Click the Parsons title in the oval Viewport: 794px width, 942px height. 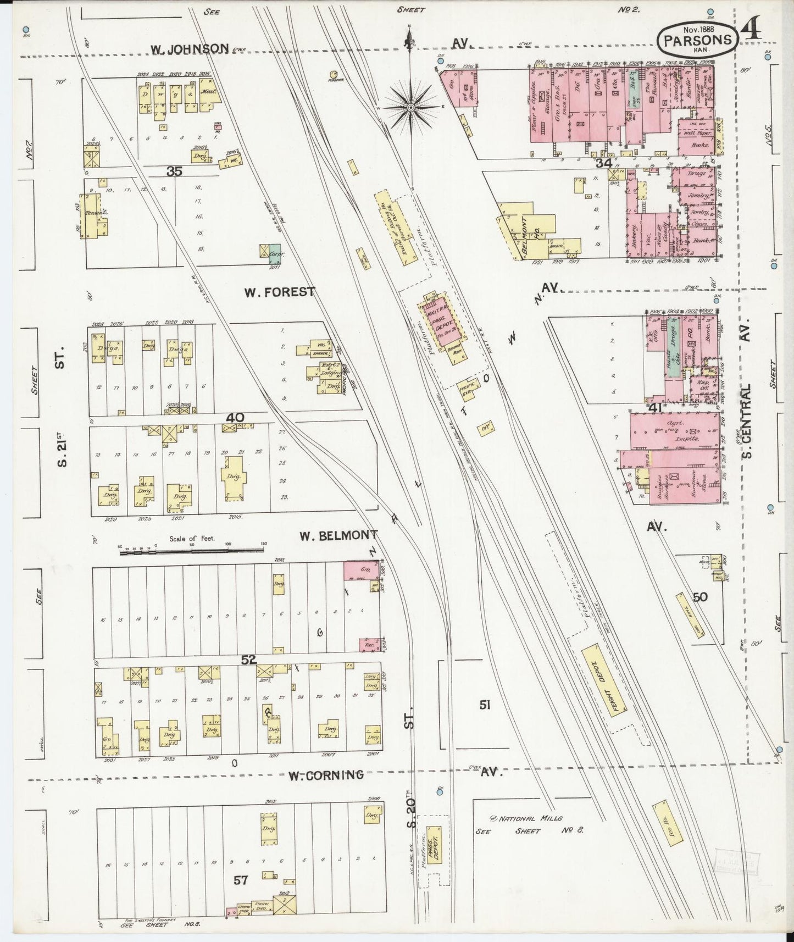pos(697,40)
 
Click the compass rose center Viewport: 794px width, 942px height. pos(410,107)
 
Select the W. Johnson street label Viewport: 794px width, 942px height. pos(190,49)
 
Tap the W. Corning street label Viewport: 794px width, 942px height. pos(326,775)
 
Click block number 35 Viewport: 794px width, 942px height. pos(175,171)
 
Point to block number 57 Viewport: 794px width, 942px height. pos(241,880)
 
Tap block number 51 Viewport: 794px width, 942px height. pos(484,705)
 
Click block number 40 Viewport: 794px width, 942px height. pos(235,418)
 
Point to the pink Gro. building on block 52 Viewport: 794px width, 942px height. pos(360,570)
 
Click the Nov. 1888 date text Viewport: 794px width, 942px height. pos(697,28)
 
